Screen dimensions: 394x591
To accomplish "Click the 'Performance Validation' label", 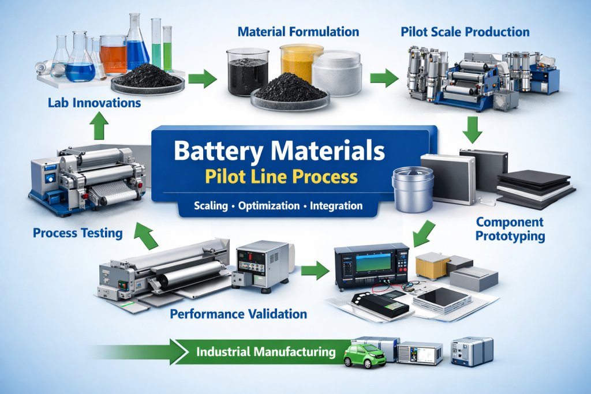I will [238, 314].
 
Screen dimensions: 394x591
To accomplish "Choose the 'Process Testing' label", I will [77, 233].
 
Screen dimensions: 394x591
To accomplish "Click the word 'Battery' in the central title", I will [223, 152].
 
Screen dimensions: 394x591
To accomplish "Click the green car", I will [363, 355].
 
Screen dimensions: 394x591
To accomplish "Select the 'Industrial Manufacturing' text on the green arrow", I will [265, 351].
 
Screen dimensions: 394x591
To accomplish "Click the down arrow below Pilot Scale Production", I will [473, 130].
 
